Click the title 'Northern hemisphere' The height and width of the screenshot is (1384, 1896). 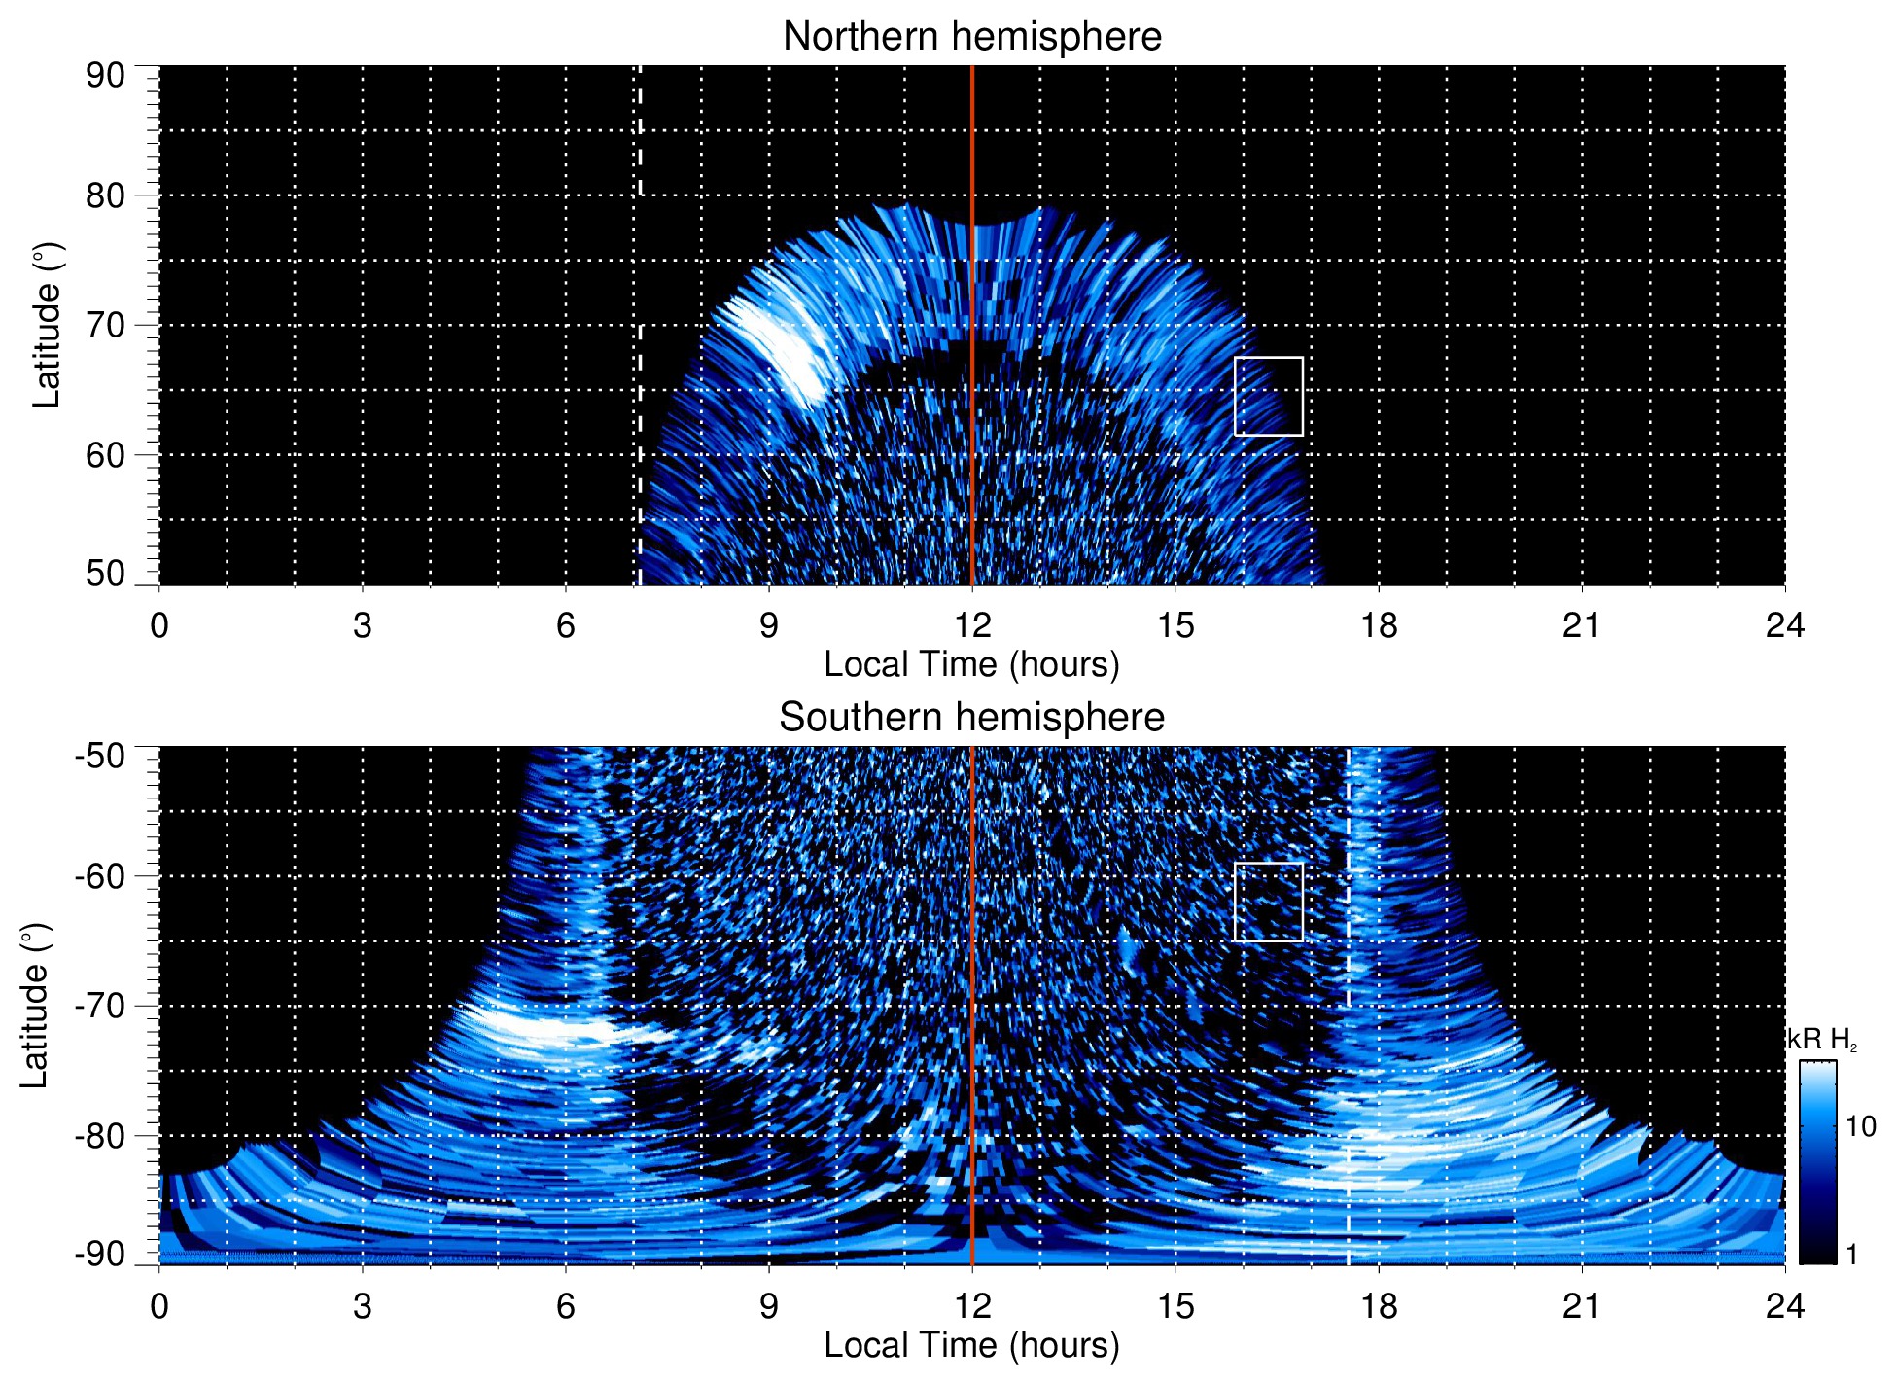click(971, 37)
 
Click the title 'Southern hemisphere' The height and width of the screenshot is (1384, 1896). click(971, 718)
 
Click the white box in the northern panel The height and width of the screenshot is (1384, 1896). click(1268, 396)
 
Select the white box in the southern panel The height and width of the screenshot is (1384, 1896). click(1268, 902)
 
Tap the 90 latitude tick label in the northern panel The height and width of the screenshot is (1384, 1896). click(105, 76)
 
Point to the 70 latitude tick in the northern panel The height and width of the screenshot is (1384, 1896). click(105, 325)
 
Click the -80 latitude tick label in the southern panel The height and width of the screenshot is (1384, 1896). click(100, 1135)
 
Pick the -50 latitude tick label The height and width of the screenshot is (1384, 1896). click(100, 756)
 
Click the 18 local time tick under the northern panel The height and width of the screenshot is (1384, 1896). click(1379, 625)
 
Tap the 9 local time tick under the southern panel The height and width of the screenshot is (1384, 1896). click(769, 1306)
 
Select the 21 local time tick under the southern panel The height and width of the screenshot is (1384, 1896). click(1582, 1306)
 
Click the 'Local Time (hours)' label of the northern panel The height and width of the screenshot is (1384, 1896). click(971, 664)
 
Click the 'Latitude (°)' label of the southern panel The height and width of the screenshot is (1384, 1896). click(35, 1006)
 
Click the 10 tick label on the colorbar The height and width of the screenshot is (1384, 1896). click(1860, 1126)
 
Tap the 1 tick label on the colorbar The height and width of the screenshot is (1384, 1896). click(1851, 1255)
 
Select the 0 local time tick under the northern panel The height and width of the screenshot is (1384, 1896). click(159, 625)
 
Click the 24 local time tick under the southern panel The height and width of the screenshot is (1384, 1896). click(1784, 1306)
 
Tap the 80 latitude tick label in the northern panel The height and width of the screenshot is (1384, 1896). click(105, 195)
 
